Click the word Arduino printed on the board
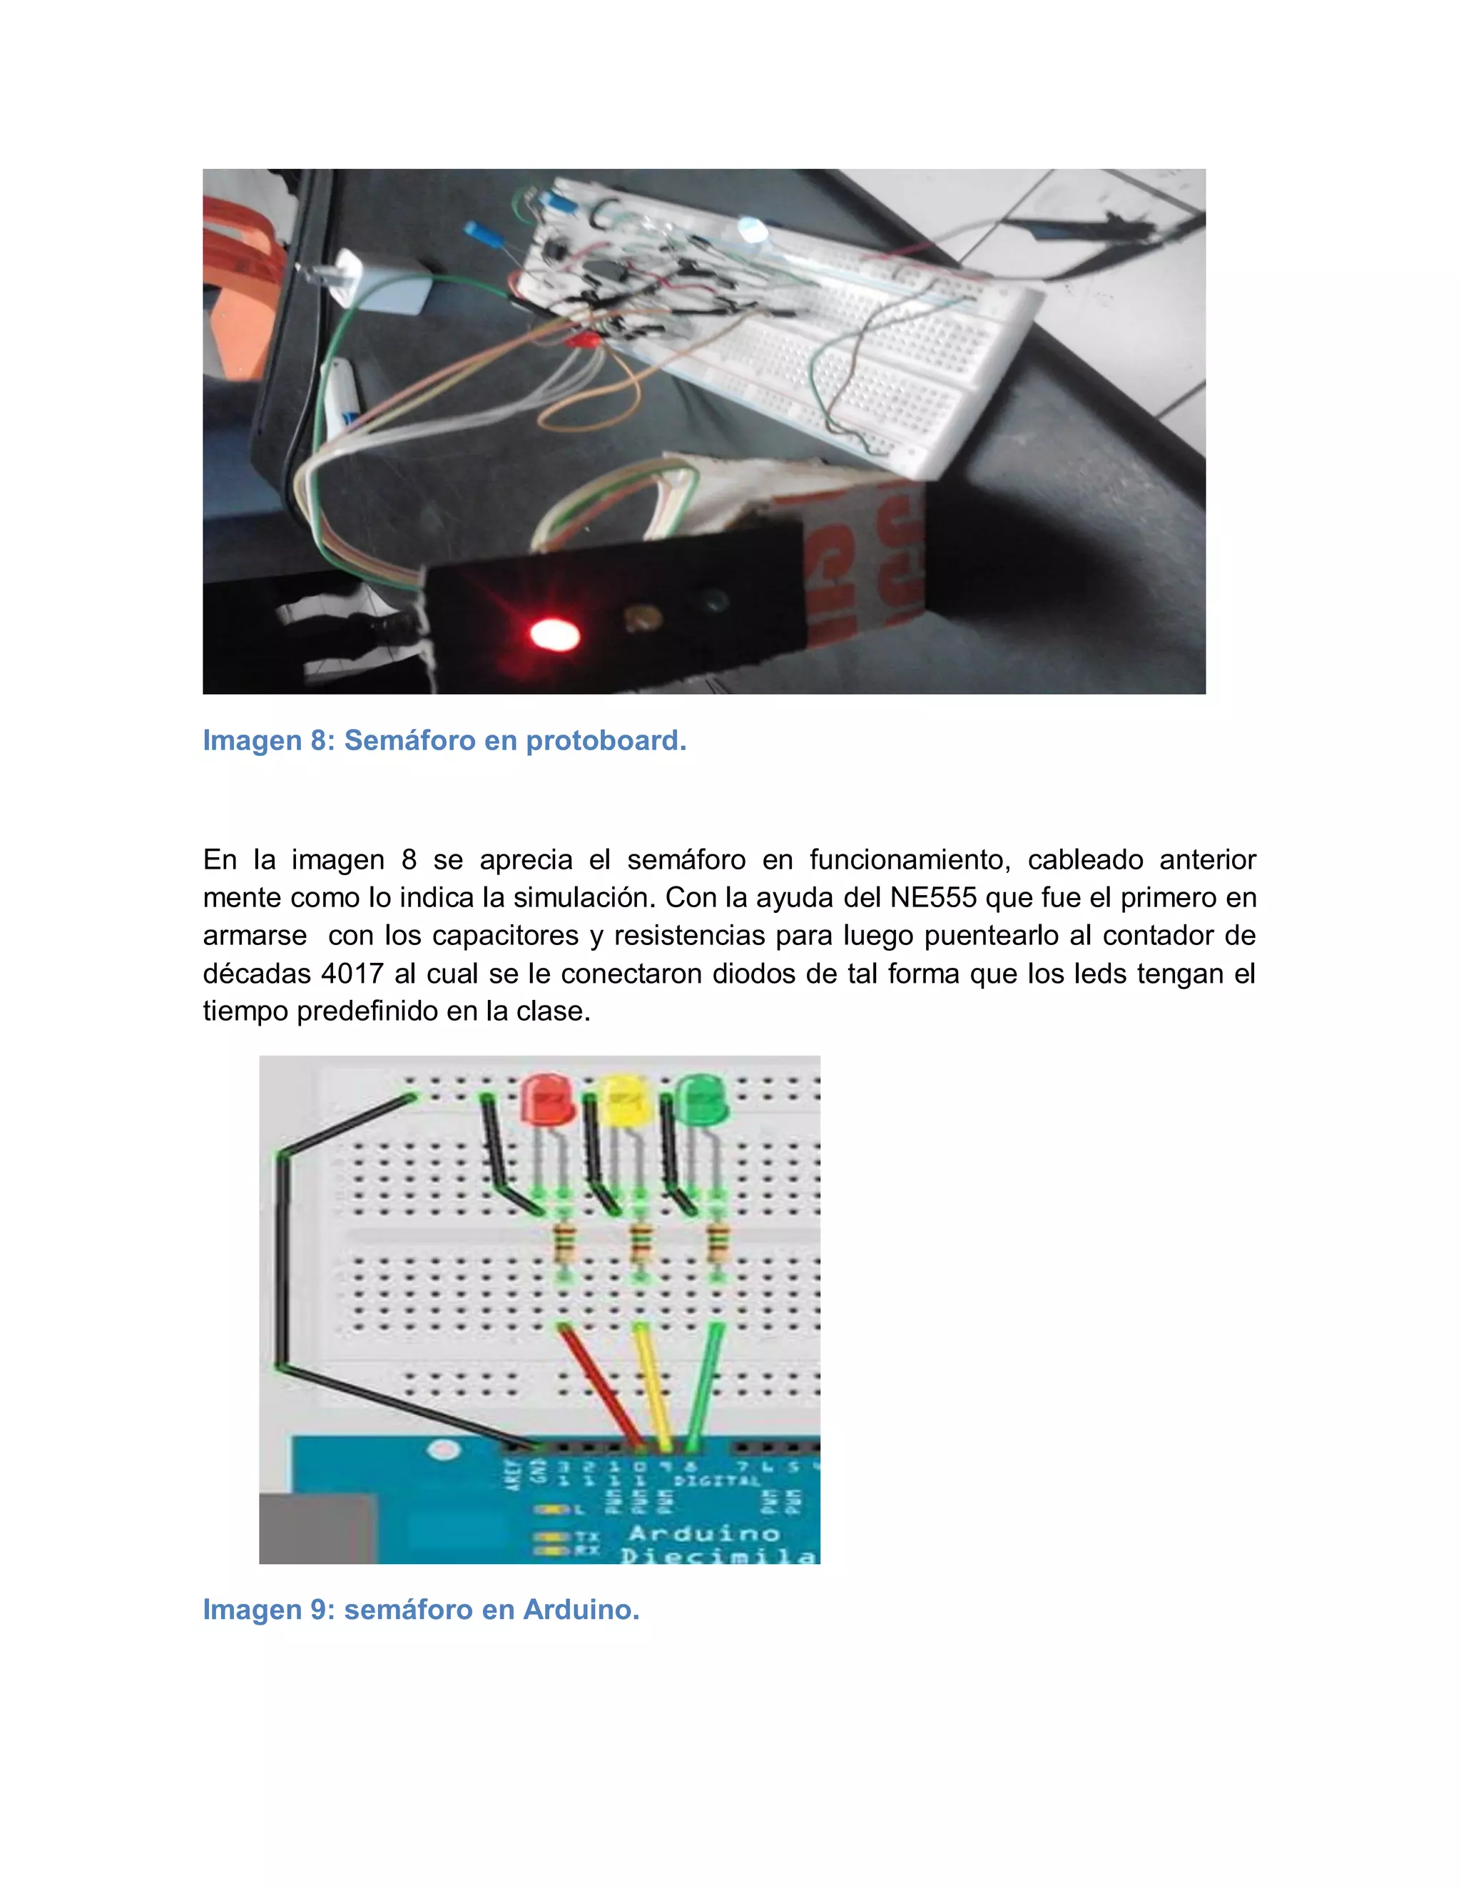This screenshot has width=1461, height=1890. click(x=703, y=1534)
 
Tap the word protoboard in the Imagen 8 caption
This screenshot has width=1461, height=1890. click(x=606, y=741)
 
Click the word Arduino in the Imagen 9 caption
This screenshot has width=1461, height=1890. click(x=581, y=1610)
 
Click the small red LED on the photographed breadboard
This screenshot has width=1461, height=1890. click(x=581, y=342)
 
